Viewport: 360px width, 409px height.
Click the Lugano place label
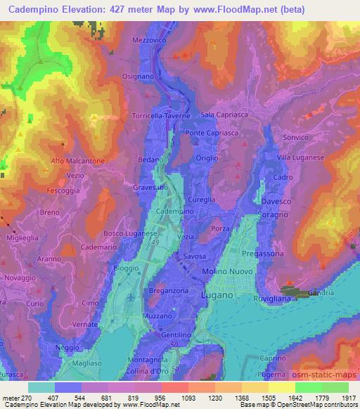click(217, 296)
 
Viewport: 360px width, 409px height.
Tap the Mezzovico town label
click(147, 41)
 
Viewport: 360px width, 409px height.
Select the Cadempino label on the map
click(174, 212)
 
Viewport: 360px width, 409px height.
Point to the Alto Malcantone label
click(77, 161)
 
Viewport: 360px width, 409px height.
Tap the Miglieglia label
click(19, 238)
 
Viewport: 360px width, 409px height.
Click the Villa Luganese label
click(300, 157)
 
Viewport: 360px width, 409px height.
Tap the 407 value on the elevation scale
click(55, 396)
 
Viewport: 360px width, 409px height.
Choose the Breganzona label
click(167, 290)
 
